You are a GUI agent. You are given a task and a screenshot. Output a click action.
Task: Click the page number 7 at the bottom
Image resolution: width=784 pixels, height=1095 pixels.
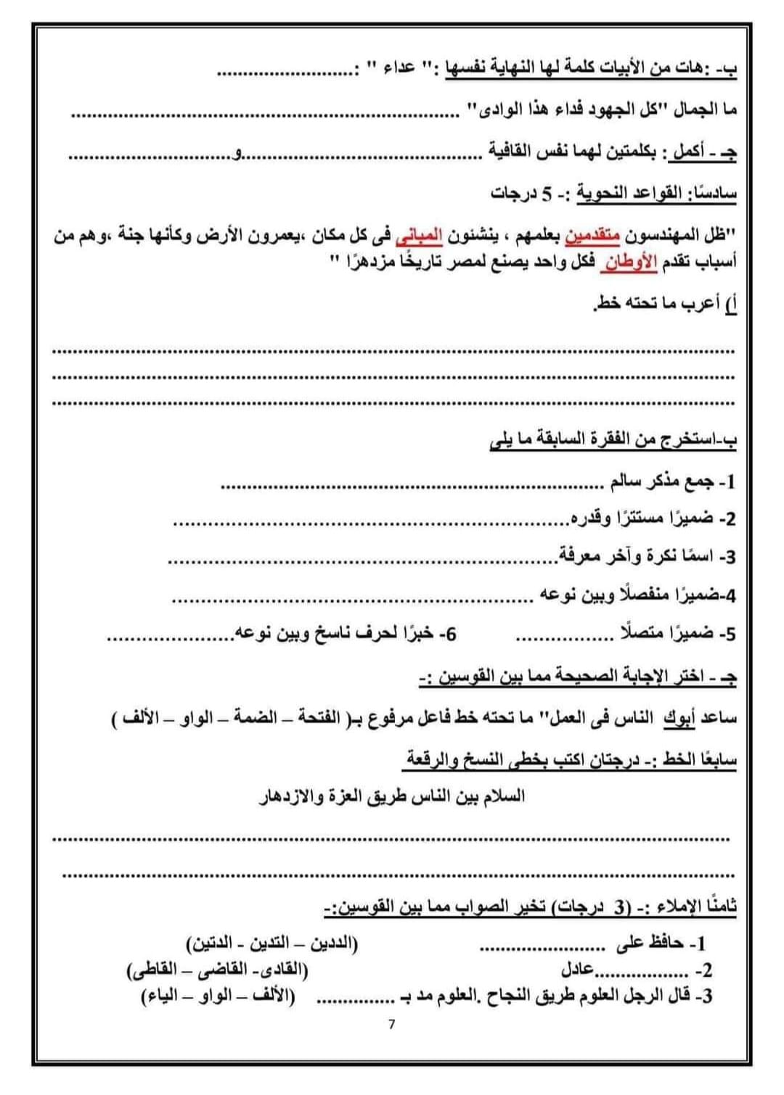[392, 1025]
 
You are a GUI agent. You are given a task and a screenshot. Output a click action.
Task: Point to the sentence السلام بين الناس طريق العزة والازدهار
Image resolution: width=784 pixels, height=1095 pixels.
[392, 796]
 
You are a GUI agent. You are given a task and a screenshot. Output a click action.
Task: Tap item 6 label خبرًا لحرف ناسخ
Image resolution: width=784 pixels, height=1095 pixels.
[384, 634]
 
